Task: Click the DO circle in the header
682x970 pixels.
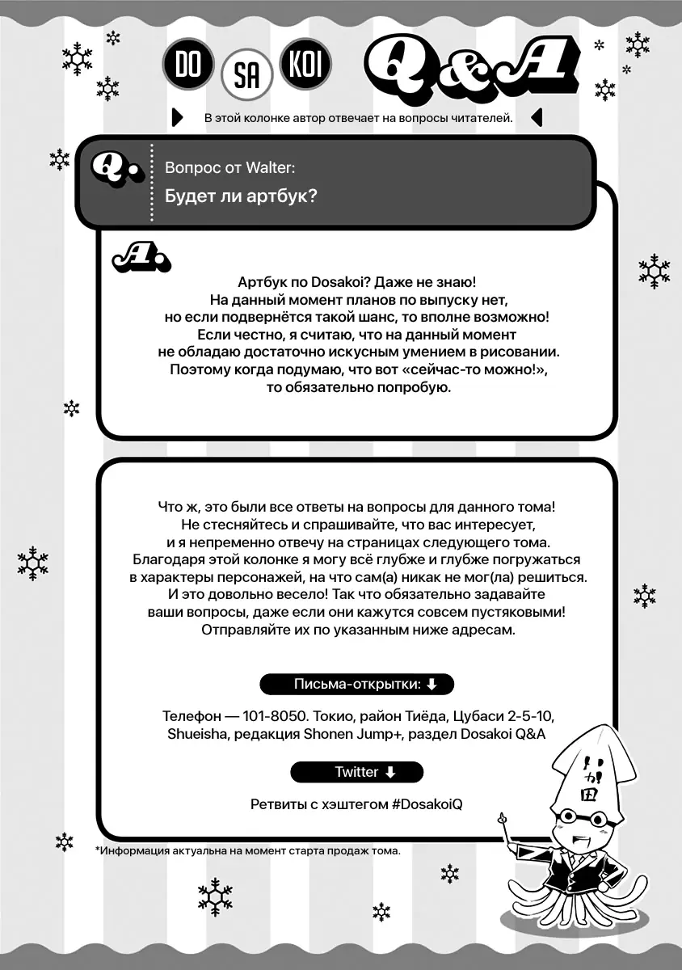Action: click(x=187, y=65)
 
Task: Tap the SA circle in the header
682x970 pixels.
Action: click(x=246, y=78)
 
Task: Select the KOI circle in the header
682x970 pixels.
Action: click(x=305, y=65)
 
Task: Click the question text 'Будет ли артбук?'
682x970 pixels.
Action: click(x=240, y=196)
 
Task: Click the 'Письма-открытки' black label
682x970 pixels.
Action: click(x=356, y=685)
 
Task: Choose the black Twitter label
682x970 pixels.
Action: click(x=356, y=772)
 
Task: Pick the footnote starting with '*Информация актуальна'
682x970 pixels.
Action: click(x=247, y=850)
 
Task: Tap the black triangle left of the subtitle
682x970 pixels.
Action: click(x=179, y=118)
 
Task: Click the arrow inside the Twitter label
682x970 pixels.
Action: click(x=391, y=772)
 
